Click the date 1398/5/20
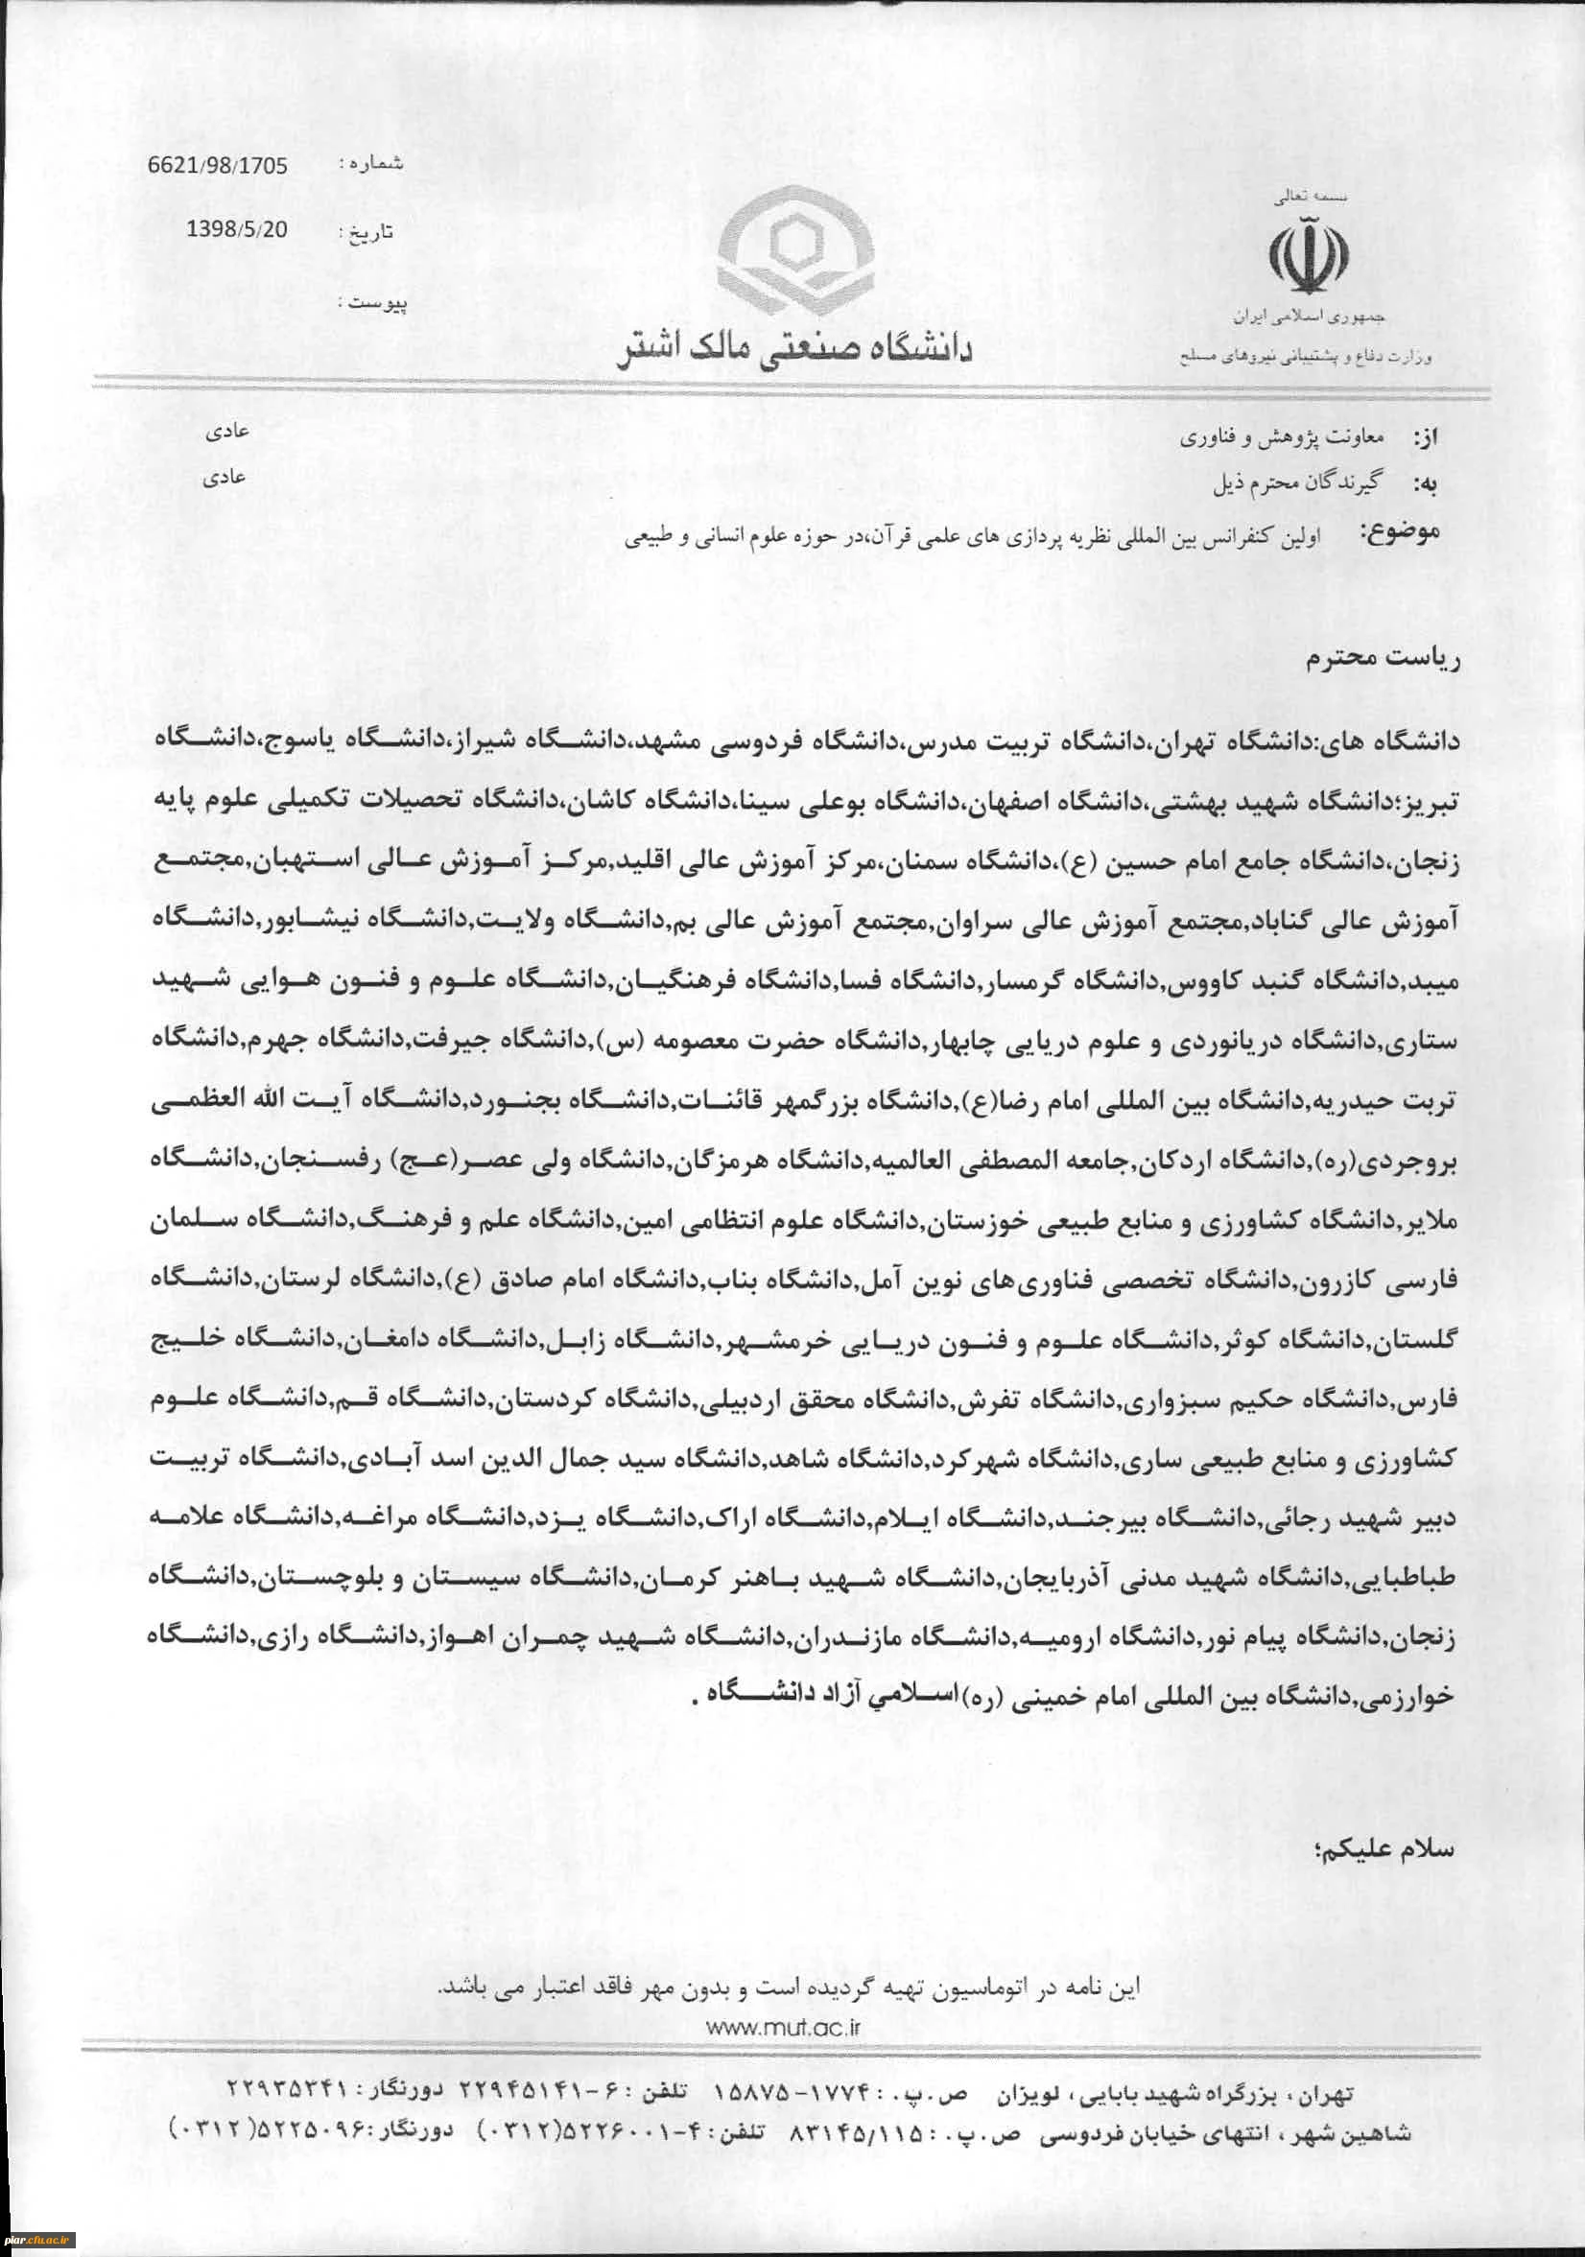coord(237,229)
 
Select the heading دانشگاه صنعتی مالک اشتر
coord(793,350)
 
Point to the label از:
coord(1423,438)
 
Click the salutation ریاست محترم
coord(1382,658)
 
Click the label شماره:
coord(369,164)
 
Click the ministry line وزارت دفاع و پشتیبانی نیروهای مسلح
coord(1306,357)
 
